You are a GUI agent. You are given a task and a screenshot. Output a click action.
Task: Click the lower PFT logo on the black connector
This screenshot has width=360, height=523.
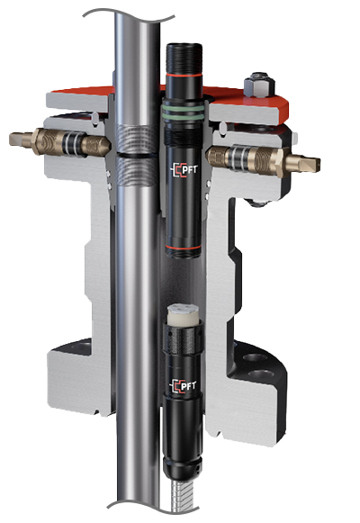click(x=184, y=387)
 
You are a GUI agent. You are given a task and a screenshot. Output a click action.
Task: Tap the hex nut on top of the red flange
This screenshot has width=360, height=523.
click(x=259, y=84)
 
